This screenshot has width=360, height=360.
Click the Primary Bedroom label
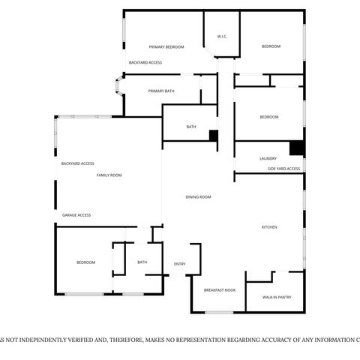click(166, 46)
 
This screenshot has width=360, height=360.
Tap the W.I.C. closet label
click(222, 36)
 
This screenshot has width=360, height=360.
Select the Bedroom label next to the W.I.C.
click(271, 46)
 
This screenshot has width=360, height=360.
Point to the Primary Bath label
click(161, 91)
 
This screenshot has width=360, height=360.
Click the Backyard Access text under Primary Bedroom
click(145, 62)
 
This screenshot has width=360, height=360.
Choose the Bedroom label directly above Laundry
click(269, 117)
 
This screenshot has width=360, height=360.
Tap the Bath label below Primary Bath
click(191, 127)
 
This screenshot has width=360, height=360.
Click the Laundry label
click(268, 158)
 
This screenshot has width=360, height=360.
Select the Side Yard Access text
click(284, 169)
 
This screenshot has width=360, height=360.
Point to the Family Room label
click(109, 175)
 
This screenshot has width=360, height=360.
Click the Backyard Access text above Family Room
click(77, 163)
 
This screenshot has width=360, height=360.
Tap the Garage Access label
click(76, 214)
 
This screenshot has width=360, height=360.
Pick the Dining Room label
click(199, 196)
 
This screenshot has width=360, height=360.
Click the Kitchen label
click(269, 226)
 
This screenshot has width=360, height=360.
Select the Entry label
click(180, 264)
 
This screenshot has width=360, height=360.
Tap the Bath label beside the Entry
click(142, 262)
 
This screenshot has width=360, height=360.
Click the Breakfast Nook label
click(219, 289)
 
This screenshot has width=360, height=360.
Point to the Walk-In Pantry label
click(277, 297)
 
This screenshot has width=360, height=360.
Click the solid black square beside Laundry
click(297, 148)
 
